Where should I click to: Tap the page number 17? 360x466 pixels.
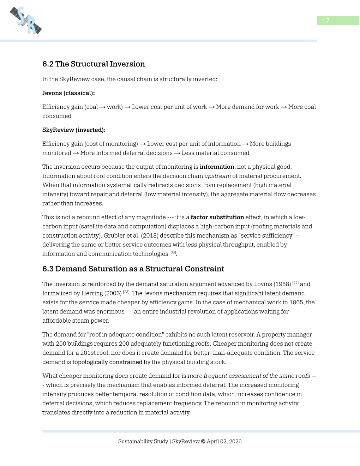click(325, 21)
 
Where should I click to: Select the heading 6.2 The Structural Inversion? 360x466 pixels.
click(94, 64)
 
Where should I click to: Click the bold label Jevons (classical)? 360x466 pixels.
click(68, 93)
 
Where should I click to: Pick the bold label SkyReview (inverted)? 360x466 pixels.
click(74, 130)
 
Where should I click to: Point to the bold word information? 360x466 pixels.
click(217, 167)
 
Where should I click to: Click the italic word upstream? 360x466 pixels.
click(217, 176)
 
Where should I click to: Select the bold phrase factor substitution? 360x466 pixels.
click(217, 217)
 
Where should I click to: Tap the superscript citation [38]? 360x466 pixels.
click(173, 252)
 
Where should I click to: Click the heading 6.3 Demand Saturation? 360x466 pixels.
click(133, 269)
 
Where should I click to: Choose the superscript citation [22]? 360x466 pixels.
click(295, 282)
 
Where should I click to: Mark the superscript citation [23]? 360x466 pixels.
click(126, 292)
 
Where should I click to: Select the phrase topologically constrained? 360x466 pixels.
click(107, 362)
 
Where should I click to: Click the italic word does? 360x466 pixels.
click(121, 376)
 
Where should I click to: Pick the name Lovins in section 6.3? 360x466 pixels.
click(263, 284)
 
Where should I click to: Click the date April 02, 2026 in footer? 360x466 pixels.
click(224, 441)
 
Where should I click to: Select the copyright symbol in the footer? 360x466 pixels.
click(203, 441)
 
